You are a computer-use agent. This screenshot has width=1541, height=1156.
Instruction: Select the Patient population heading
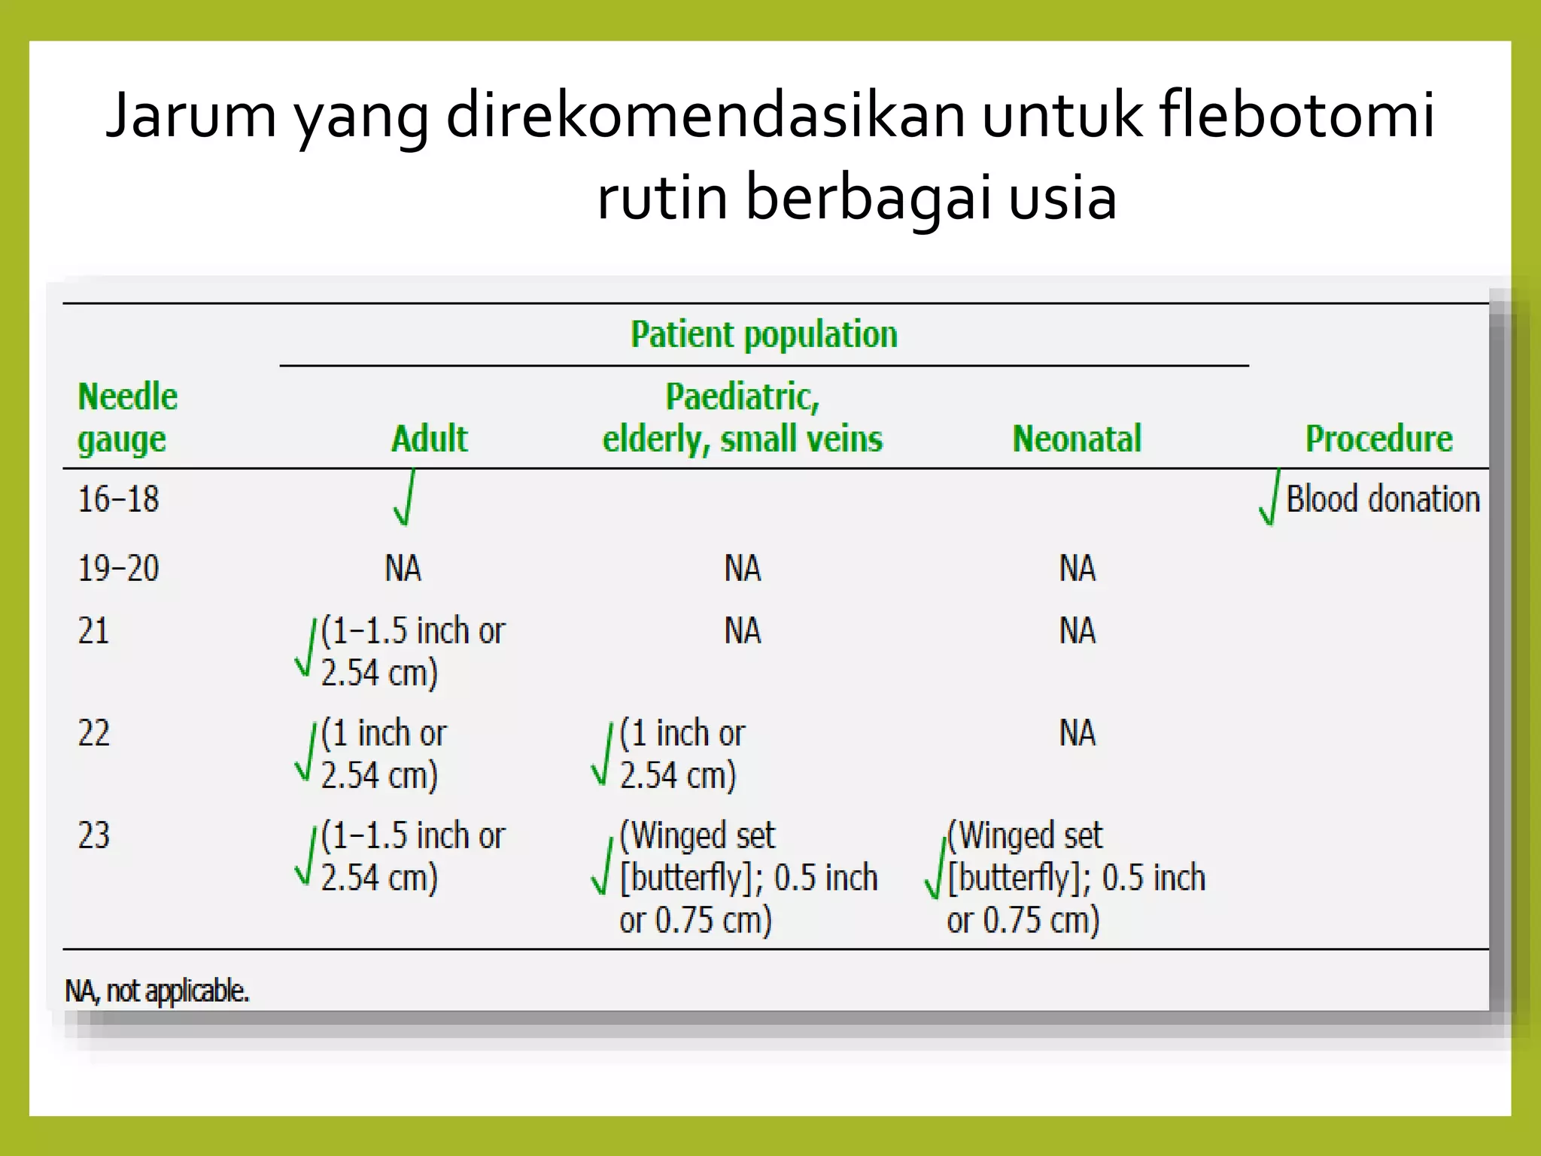pos(764,335)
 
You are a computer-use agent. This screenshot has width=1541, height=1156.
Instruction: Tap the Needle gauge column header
pos(127,418)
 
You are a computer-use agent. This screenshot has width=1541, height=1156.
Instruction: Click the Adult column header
pos(429,439)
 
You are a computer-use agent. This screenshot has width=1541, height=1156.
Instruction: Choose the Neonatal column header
pos(1077,439)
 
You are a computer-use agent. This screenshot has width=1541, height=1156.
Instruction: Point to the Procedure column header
pos(1378,439)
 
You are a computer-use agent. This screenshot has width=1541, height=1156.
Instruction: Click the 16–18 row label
pos(119,500)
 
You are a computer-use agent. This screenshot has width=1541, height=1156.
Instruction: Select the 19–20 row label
pos(119,568)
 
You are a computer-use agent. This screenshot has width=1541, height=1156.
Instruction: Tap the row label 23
pos(94,836)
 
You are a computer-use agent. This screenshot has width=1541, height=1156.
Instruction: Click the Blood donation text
pos(1383,500)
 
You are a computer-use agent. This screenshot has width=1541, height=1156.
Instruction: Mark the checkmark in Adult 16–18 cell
pos(405,498)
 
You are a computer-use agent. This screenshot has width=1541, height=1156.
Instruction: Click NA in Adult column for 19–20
pos(403,568)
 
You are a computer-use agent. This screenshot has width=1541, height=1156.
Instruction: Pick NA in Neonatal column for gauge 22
pos(1077,733)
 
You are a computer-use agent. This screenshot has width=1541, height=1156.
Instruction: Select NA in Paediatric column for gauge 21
pos(743,631)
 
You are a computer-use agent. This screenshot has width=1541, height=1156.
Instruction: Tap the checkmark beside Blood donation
pos(1269,498)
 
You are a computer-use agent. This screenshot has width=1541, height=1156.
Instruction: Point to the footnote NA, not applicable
pos(157,991)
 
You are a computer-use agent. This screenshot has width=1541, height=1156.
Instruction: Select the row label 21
pos(93,631)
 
